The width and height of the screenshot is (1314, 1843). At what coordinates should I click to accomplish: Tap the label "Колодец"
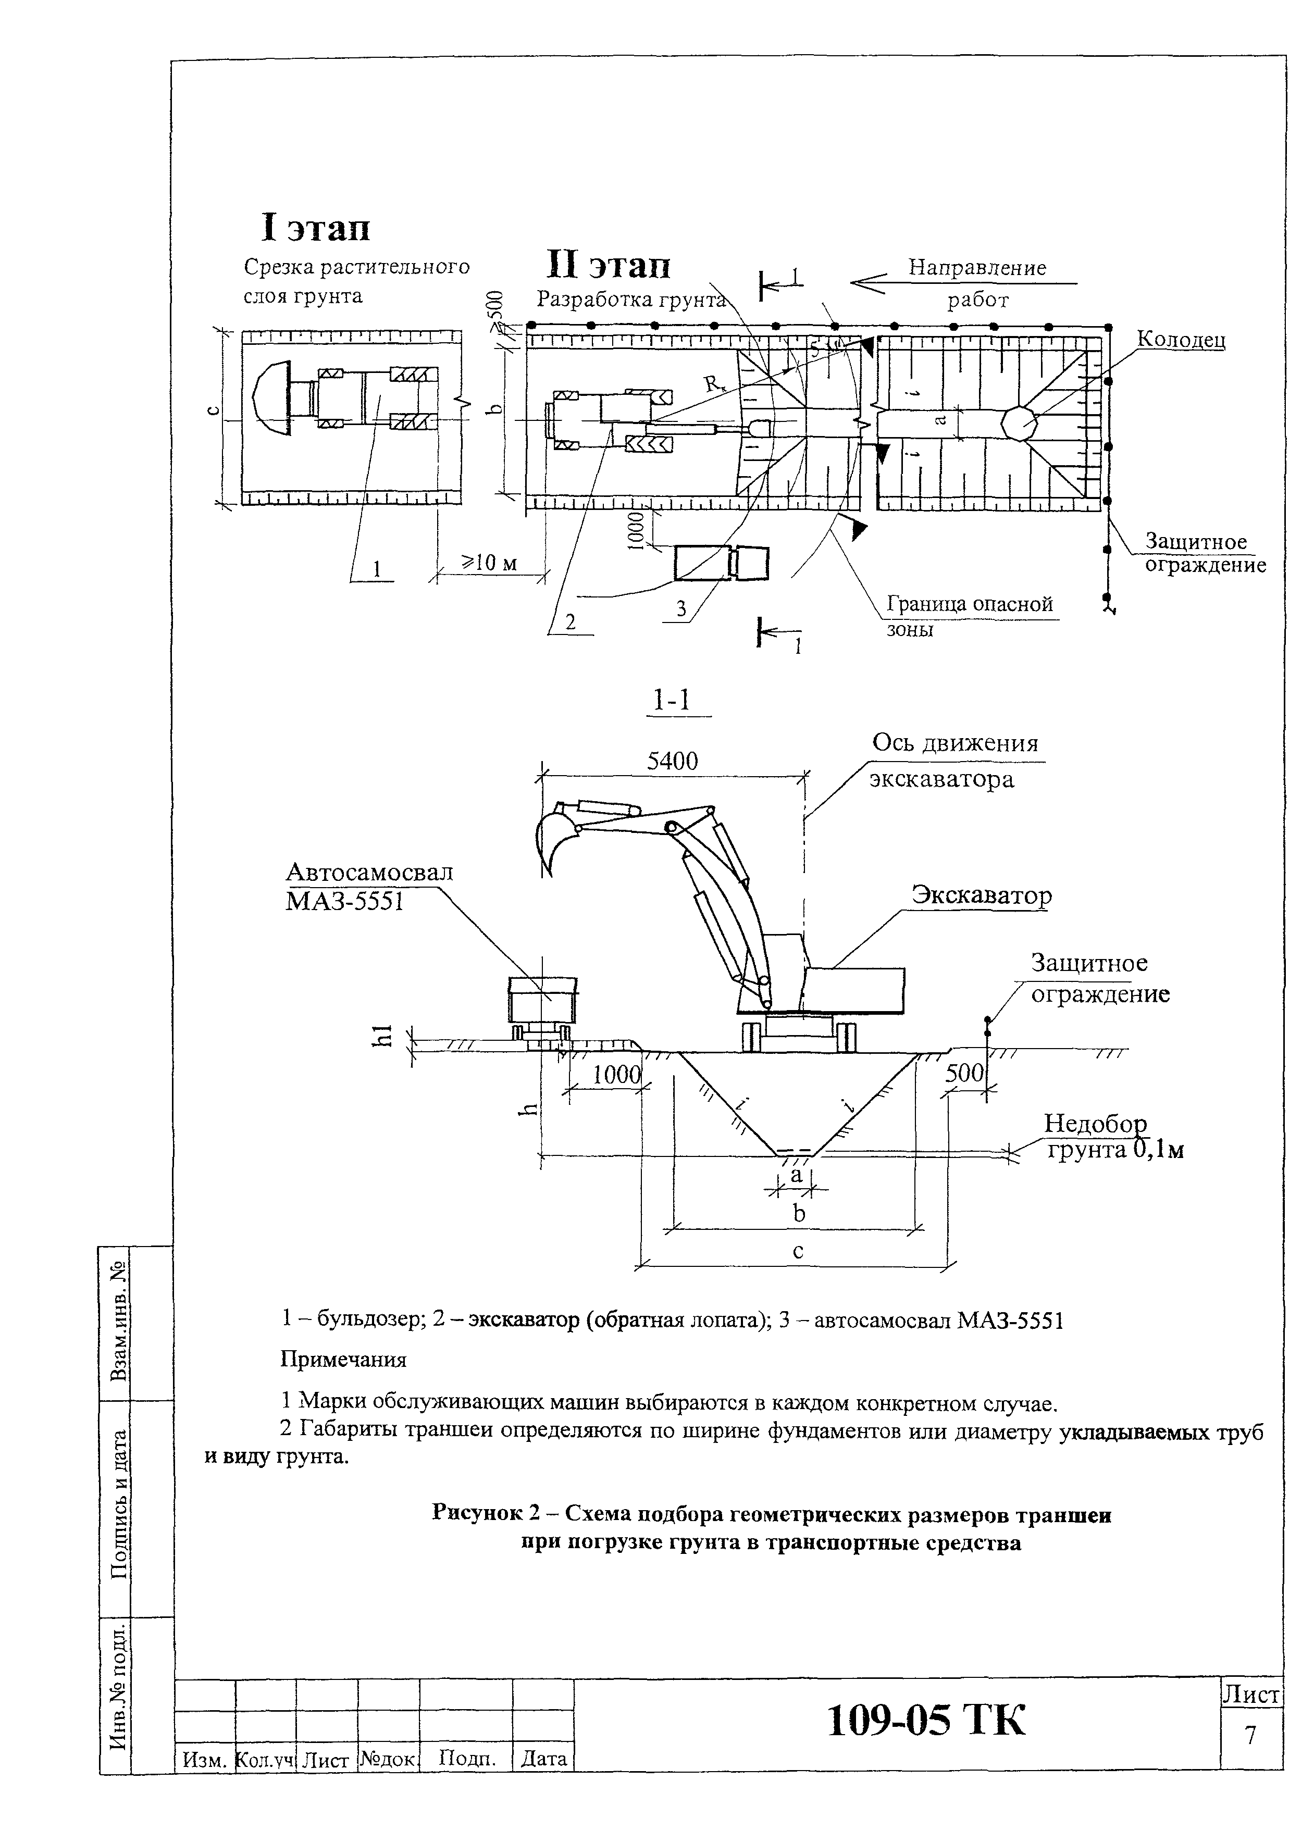click(x=1181, y=339)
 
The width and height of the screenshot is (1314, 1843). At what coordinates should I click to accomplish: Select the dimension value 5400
click(x=673, y=761)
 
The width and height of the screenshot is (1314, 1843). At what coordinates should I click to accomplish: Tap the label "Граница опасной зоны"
click(x=969, y=616)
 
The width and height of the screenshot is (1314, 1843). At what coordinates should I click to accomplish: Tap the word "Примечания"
click(x=343, y=1359)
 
